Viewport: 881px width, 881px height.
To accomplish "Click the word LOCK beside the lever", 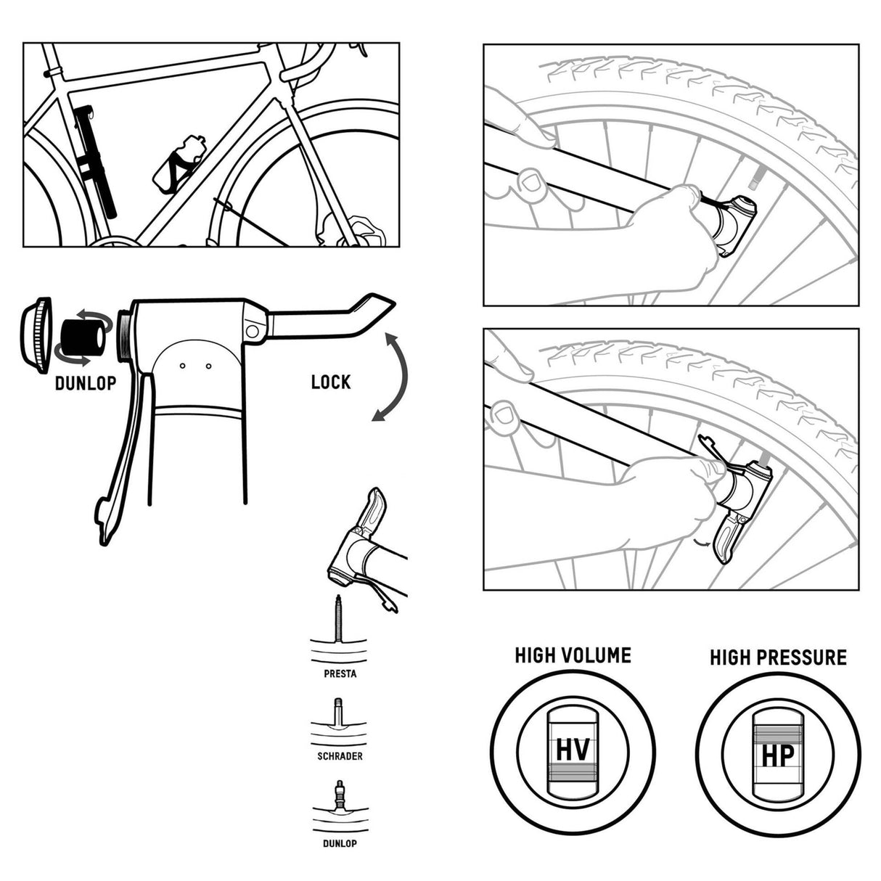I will (330, 382).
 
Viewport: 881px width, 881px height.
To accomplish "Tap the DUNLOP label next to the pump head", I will (85, 383).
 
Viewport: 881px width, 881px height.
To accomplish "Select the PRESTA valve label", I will (340, 673).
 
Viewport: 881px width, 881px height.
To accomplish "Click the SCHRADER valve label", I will (340, 756).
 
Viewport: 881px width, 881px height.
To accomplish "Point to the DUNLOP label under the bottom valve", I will (340, 844).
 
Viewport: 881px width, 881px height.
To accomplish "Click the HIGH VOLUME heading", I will (573, 655).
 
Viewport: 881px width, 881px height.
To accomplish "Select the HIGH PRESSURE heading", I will (778, 657).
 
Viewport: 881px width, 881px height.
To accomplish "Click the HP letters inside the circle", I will (777, 755).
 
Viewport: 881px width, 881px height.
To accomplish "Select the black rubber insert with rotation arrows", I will (82, 337).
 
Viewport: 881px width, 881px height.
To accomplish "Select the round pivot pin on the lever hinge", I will (252, 330).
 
